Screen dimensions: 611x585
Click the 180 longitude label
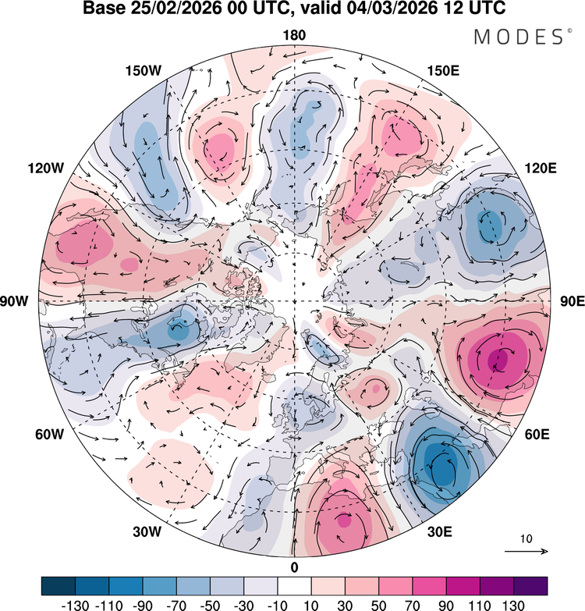[295, 35]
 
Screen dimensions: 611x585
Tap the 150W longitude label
[143, 71]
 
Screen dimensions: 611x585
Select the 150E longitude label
[444, 71]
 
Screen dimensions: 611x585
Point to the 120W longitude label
[46, 169]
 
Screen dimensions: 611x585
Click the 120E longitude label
[541, 169]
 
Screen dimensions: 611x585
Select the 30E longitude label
[440, 532]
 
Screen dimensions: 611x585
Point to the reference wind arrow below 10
[526, 552]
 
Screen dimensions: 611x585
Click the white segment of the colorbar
[295, 586]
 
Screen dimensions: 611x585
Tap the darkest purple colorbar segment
[530, 586]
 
